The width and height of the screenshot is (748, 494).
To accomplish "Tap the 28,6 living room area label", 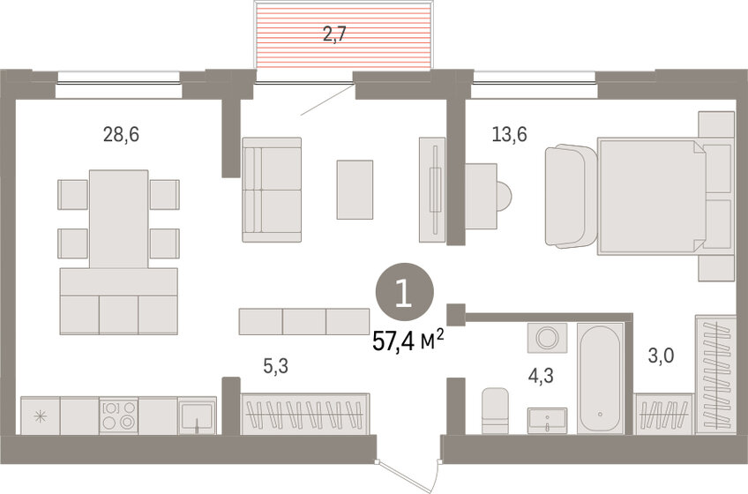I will pyautogui.click(x=121, y=135).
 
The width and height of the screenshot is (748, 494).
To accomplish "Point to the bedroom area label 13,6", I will pyautogui.click(x=510, y=135).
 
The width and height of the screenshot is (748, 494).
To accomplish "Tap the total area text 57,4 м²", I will pyautogui.click(x=408, y=341).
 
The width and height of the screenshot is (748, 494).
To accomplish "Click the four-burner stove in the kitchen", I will pyautogui.click(x=119, y=415).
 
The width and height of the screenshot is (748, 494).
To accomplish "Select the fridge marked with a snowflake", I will pyautogui.click(x=40, y=415).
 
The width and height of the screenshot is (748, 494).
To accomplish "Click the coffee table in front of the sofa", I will pyautogui.click(x=355, y=189).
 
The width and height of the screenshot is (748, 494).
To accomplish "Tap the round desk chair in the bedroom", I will pyautogui.click(x=502, y=193).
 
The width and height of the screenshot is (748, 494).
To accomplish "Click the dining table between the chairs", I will pyautogui.click(x=118, y=218).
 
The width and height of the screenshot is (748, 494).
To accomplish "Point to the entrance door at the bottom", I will pyautogui.click(x=406, y=463).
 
